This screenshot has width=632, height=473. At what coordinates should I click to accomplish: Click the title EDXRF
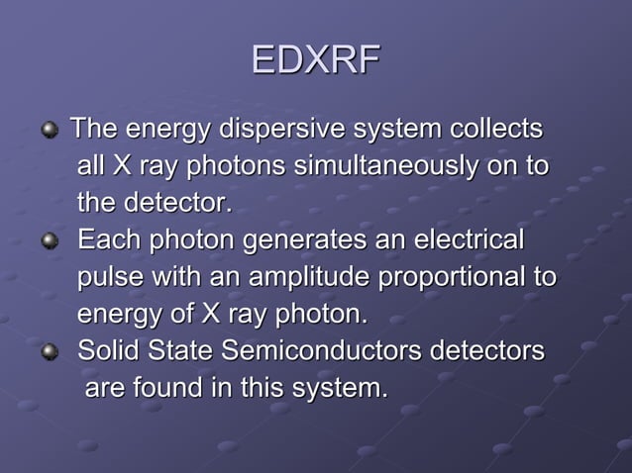pos(315,60)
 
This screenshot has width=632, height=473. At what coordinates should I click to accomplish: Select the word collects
pos(494,130)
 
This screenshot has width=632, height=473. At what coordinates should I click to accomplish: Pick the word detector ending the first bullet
pos(178,204)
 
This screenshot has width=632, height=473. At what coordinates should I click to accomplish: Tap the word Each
pos(106,241)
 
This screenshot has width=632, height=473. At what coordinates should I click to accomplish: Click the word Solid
pos(108,351)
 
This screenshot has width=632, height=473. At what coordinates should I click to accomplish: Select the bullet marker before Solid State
pos(49,353)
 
